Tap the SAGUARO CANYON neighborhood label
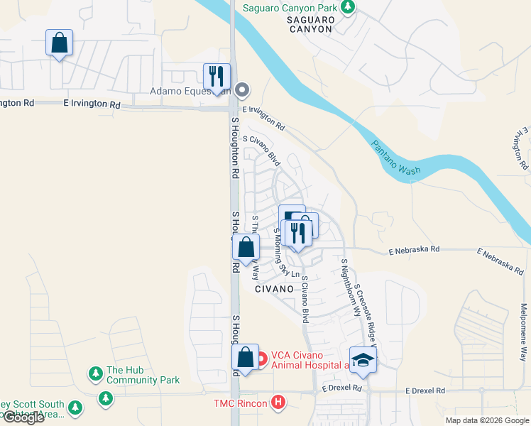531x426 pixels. click(x=310, y=24)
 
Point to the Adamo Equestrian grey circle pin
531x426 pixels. click(x=242, y=89)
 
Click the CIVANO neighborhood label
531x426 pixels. click(x=274, y=289)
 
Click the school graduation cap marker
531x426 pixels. click(x=363, y=359)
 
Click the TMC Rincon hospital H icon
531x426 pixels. click(x=278, y=403)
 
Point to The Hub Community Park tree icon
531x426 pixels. click(x=95, y=373)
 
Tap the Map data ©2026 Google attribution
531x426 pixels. click(x=486, y=420)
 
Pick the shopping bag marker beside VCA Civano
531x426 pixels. click(x=245, y=359)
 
